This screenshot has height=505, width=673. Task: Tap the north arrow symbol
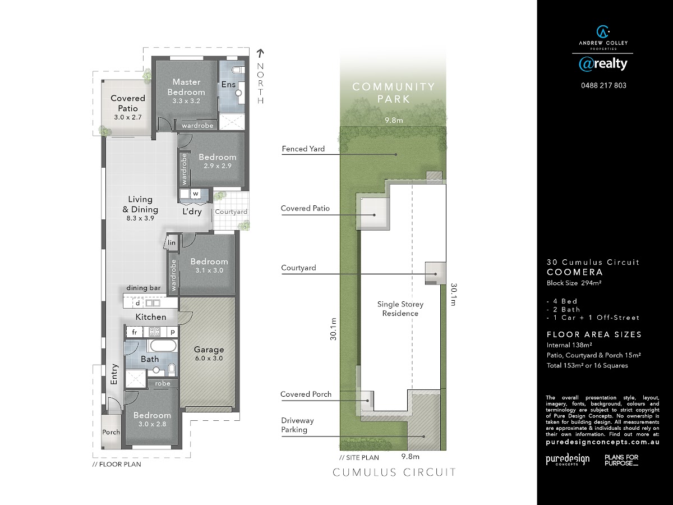[260, 53]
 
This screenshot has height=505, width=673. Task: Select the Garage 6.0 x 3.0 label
[209, 353]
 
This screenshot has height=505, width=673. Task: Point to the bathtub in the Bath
[163, 346]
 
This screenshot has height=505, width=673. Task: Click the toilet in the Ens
[238, 70]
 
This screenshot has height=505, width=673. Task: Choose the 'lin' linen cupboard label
[172, 242]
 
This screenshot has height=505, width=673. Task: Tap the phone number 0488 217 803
[603, 85]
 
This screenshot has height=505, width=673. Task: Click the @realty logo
[603, 64]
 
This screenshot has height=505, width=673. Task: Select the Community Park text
[394, 93]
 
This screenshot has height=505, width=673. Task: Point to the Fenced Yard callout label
[303, 149]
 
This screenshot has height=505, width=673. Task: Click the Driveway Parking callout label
[297, 425]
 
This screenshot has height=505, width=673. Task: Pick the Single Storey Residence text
[400, 309]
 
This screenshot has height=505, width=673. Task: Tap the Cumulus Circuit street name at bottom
[394, 472]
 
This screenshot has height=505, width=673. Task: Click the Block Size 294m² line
[574, 283]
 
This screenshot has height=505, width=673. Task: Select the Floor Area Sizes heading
[594, 334]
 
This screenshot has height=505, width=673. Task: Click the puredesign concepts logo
[568, 460]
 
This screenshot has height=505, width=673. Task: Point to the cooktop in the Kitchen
[154, 332]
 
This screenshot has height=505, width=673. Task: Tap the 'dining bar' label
[144, 288]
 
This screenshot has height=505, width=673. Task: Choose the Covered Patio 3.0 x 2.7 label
[128, 107]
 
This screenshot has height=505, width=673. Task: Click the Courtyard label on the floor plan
[231, 212]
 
